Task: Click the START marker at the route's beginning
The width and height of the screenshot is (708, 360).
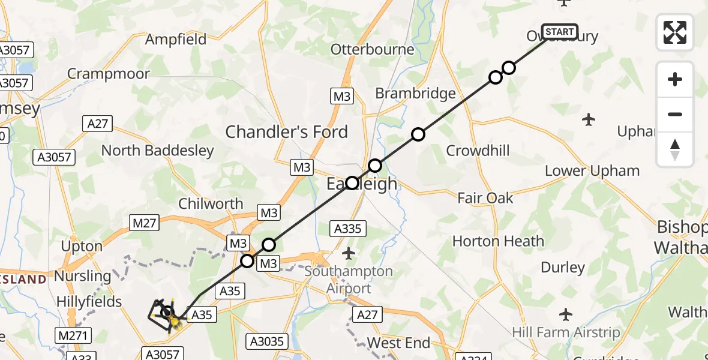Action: coord(559,31)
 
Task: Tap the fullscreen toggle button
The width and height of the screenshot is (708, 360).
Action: coord(675,32)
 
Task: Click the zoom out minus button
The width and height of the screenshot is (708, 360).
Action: coord(675,114)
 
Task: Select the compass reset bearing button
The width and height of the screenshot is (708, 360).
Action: coord(675,149)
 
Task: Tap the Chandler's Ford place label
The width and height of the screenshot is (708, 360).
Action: coord(286,132)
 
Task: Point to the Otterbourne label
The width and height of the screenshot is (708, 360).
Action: coord(373,49)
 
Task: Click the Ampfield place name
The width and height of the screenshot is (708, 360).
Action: coord(176,40)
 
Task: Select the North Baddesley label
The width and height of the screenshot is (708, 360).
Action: coord(157,151)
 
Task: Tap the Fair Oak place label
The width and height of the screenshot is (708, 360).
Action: coord(485,197)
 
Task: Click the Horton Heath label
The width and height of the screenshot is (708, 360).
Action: coord(498,241)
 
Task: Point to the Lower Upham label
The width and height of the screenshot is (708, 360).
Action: coord(592,171)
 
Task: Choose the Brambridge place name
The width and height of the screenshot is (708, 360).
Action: coord(415,94)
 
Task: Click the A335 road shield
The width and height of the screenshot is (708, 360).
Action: coord(347,228)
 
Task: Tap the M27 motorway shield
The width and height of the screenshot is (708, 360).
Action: coord(145,223)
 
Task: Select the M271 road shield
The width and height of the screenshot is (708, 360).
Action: coord(71,333)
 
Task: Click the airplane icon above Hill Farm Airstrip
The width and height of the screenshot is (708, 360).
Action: coord(565,314)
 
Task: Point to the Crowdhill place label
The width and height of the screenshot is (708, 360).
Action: coord(478,151)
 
